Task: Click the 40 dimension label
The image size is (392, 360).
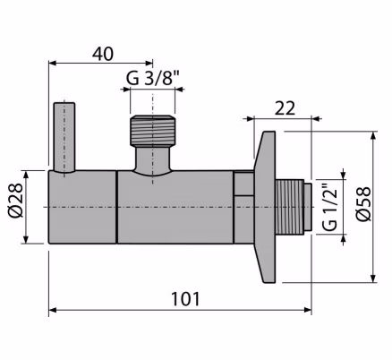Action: pyautogui.click(x=103, y=55)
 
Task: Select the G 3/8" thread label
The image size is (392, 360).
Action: pyautogui.click(x=152, y=78)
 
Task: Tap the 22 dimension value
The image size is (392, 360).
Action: pyautogui.click(x=285, y=108)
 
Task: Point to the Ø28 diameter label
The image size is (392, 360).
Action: pyautogui.click(x=15, y=200)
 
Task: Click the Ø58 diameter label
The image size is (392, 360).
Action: pyautogui.click(x=363, y=204)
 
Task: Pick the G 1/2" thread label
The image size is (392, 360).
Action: pyautogui.click(x=330, y=209)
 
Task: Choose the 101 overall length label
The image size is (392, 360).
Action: pyautogui.click(x=185, y=299)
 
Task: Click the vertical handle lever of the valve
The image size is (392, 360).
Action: pyautogui.click(x=64, y=138)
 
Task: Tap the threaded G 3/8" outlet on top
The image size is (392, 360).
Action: pyautogui.click(x=152, y=131)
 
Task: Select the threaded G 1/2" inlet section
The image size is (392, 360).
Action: pyautogui.click(x=289, y=207)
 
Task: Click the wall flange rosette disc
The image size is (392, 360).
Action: pyautogui.click(x=265, y=207)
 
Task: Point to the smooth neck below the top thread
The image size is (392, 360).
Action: pyautogui.click(x=152, y=159)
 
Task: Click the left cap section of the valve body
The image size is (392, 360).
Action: pyautogui.click(x=82, y=207)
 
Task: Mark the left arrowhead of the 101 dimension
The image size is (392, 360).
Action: pyautogui.click(x=53, y=310)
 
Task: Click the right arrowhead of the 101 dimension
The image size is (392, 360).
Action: pyautogui.click(x=308, y=310)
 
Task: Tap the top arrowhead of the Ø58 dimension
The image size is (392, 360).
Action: pyautogui.click(x=373, y=135)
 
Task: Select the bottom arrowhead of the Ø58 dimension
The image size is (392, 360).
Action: pyautogui.click(x=373, y=279)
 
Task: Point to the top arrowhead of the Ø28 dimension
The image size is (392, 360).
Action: pyautogui.click(x=26, y=175)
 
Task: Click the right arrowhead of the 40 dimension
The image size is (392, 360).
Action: pyautogui.click(x=149, y=63)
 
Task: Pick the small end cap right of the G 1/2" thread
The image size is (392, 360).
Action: pyautogui.click(x=308, y=207)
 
